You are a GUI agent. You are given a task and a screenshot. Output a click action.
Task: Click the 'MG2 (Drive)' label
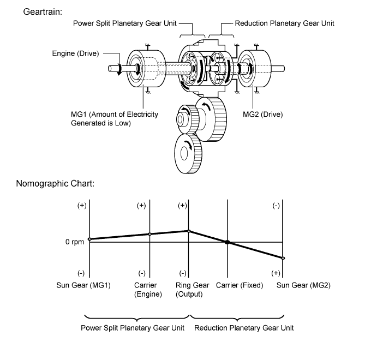pyautogui.click(x=262, y=115)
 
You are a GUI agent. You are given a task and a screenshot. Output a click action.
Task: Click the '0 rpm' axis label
pyautogui.click(x=75, y=242)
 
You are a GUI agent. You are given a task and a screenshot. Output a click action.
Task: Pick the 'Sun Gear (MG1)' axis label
pyautogui.click(x=83, y=285)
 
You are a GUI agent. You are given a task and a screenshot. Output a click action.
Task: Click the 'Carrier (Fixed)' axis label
pyautogui.click(x=239, y=285)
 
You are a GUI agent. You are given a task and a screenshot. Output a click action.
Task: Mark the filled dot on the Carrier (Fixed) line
pyautogui.click(x=228, y=242)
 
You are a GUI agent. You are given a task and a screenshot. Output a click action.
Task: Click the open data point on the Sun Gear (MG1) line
pyautogui.click(x=89, y=239)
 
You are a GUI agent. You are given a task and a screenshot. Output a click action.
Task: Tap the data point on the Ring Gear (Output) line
pyautogui.click(x=189, y=231)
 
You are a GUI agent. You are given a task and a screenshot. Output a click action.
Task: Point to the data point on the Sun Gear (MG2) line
pyautogui.click(x=283, y=258)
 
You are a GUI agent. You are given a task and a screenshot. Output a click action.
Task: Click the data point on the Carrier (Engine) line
pyautogui.click(x=150, y=234)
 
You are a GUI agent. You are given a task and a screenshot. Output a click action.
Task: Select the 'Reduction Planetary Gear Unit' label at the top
pyautogui.click(x=284, y=23)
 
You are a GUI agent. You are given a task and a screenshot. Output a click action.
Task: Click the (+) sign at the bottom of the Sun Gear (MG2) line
pyautogui.click(x=276, y=273)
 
